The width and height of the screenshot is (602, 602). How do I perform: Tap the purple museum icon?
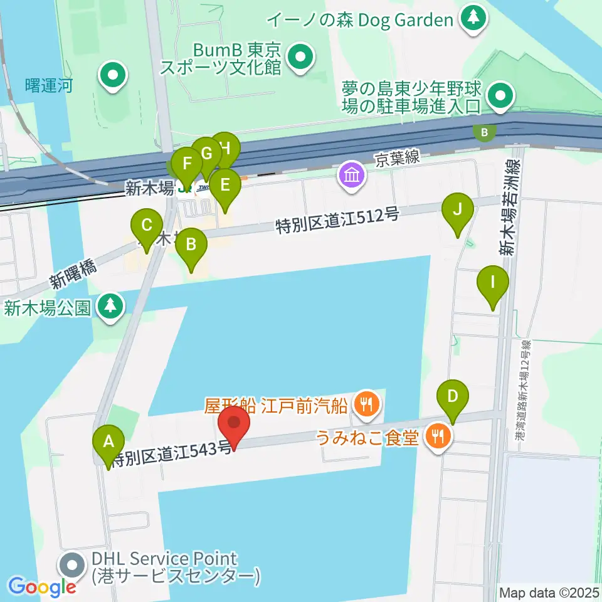click(x=351, y=174)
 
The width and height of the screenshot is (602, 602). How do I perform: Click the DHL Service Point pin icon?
click(x=72, y=566)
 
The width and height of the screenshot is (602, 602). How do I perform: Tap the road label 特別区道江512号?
click(x=337, y=221)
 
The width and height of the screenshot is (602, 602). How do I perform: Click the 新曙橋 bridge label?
click(x=74, y=274)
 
